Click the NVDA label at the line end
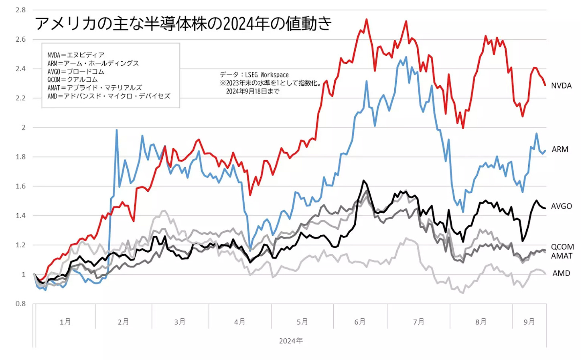click(x=561, y=86)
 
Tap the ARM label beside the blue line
click(x=560, y=149)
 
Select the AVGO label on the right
click(x=561, y=206)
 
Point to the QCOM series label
click(x=562, y=247)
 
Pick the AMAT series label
click(x=562, y=256)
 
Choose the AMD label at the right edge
click(x=561, y=273)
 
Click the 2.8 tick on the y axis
click(x=20, y=10)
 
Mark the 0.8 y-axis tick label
click(x=20, y=304)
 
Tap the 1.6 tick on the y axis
click(x=20, y=186)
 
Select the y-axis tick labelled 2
click(x=23, y=127)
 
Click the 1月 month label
click(x=65, y=322)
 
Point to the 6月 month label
click(x=360, y=322)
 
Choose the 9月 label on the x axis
click(x=529, y=322)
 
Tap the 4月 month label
click(x=239, y=322)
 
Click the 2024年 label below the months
click(x=291, y=341)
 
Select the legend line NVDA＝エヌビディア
click(x=76, y=55)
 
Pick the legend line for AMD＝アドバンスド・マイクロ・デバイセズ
click(x=109, y=96)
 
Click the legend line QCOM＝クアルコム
click(x=72, y=80)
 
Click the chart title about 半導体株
click(x=183, y=24)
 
